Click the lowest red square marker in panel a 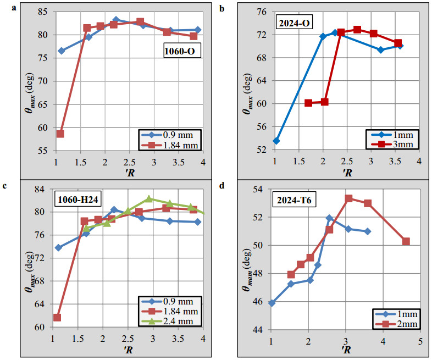(60, 134)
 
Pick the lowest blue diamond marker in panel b (276, 141)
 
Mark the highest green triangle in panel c (149, 199)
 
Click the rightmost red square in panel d (406, 241)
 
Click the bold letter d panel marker (221, 186)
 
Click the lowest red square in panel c (57, 317)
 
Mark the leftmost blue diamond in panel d (272, 303)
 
